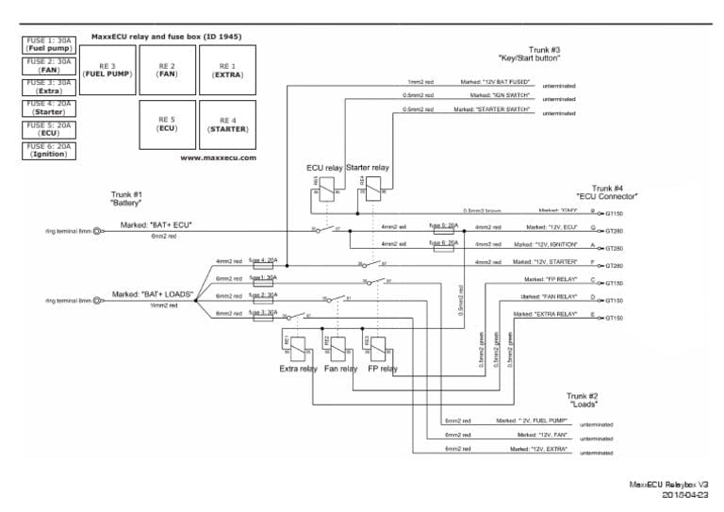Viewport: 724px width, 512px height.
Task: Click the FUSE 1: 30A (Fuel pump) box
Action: click(x=48, y=44)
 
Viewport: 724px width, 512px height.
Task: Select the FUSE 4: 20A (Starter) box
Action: click(x=48, y=107)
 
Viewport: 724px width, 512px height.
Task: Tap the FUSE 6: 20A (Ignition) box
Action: click(x=48, y=150)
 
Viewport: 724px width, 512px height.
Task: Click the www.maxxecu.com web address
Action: click(x=218, y=158)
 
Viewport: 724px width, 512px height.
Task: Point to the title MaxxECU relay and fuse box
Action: click(x=166, y=37)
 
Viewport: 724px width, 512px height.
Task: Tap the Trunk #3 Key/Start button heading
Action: click(x=544, y=53)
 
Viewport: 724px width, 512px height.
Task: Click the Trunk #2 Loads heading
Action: click(x=583, y=400)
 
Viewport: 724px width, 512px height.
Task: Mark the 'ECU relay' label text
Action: click(x=324, y=168)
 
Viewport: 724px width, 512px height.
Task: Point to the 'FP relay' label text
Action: click(x=382, y=369)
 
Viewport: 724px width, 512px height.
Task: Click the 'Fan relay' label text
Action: click(x=340, y=369)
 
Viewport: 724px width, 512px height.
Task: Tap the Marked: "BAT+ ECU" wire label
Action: click(x=156, y=225)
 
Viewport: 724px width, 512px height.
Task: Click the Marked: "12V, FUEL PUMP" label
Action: click(x=532, y=420)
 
